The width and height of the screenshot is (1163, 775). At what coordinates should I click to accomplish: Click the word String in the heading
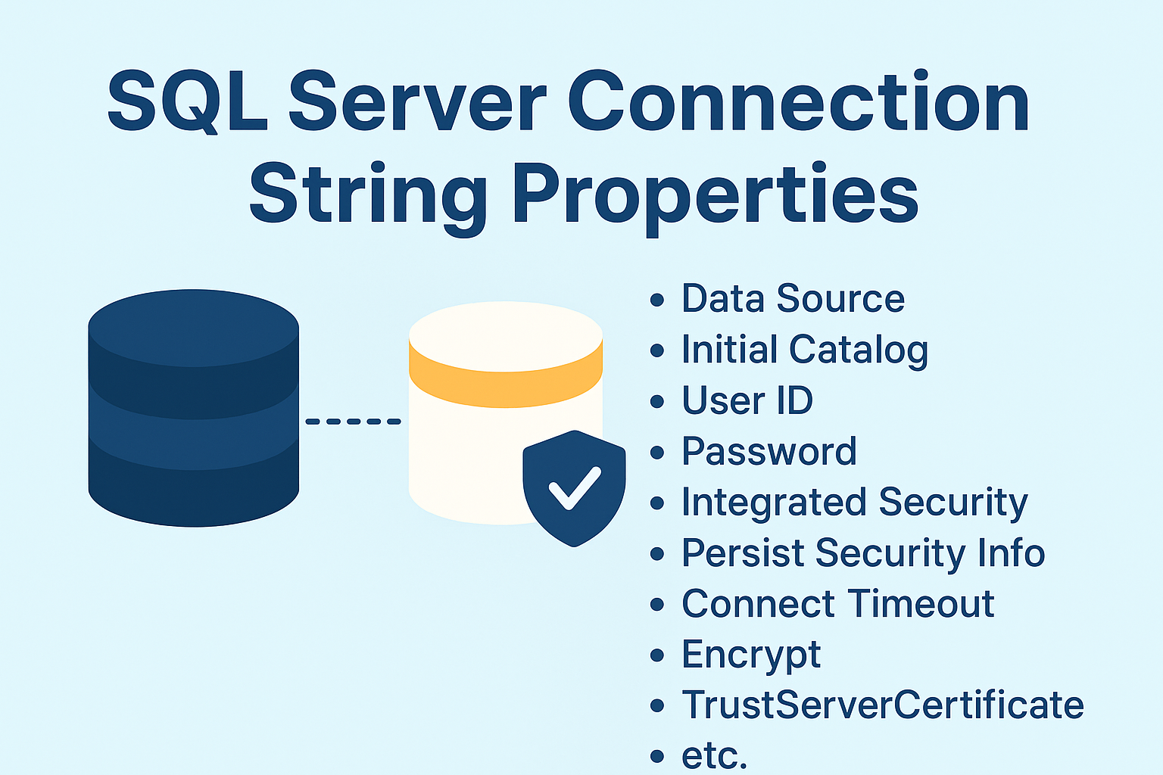pos(367,195)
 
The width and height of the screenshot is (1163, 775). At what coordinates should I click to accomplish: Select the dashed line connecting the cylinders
pos(353,421)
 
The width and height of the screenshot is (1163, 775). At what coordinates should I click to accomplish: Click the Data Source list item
pos(793,298)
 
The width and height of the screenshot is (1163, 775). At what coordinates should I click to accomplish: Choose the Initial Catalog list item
pos(804,350)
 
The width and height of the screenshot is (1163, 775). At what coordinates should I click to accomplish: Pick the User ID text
pos(747,400)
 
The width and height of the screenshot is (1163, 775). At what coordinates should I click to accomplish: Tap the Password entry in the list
pos(769,451)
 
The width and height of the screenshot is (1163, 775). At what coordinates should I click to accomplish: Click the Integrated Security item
pos(854,503)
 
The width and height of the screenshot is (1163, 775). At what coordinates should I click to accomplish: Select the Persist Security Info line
pos(862,553)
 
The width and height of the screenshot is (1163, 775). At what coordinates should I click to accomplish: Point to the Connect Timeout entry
pos(837,604)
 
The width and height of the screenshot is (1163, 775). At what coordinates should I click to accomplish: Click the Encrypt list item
pos(750,655)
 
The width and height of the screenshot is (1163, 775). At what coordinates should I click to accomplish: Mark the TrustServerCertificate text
pos(882,705)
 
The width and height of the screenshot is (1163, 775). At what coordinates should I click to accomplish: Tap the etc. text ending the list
pos(714,755)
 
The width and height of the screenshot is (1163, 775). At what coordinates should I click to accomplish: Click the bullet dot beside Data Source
pos(657,300)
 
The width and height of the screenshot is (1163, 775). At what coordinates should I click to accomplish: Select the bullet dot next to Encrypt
pos(657,655)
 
